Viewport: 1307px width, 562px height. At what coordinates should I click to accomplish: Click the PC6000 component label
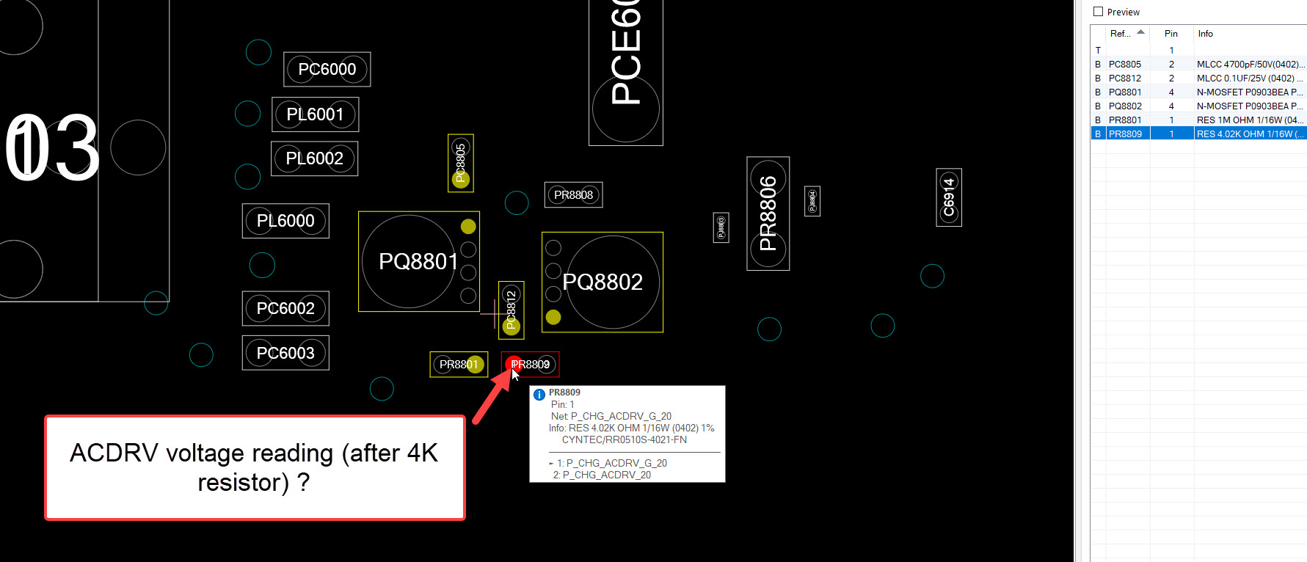click(327, 69)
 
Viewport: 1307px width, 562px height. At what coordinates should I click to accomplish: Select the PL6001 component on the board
click(315, 114)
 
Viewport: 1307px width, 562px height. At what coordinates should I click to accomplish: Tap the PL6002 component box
click(314, 158)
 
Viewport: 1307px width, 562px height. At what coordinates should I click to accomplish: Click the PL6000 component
click(285, 221)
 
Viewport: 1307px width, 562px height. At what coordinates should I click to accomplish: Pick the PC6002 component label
click(285, 309)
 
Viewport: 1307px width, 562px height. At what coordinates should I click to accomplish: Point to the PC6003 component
click(285, 353)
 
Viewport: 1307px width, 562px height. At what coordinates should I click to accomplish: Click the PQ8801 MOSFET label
click(418, 261)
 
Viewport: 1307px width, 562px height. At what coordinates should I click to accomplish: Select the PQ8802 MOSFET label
click(602, 282)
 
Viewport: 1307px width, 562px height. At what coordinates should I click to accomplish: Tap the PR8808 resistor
click(573, 195)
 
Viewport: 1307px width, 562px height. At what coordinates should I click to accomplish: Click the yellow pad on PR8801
click(476, 364)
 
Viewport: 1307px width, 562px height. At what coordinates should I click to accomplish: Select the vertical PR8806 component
click(768, 214)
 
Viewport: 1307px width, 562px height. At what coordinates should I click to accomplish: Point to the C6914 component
click(949, 197)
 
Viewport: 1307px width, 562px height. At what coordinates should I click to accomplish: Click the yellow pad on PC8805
click(461, 179)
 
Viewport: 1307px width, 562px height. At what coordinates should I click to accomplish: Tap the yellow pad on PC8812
click(511, 326)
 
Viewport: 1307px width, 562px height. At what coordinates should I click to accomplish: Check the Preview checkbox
click(1098, 12)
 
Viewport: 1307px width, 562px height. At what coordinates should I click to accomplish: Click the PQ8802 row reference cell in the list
click(1125, 106)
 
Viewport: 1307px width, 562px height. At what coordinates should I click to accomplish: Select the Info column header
click(1205, 34)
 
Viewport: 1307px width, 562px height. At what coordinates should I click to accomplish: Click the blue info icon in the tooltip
click(539, 395)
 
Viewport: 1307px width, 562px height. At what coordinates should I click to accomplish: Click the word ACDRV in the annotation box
click(114, 453)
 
